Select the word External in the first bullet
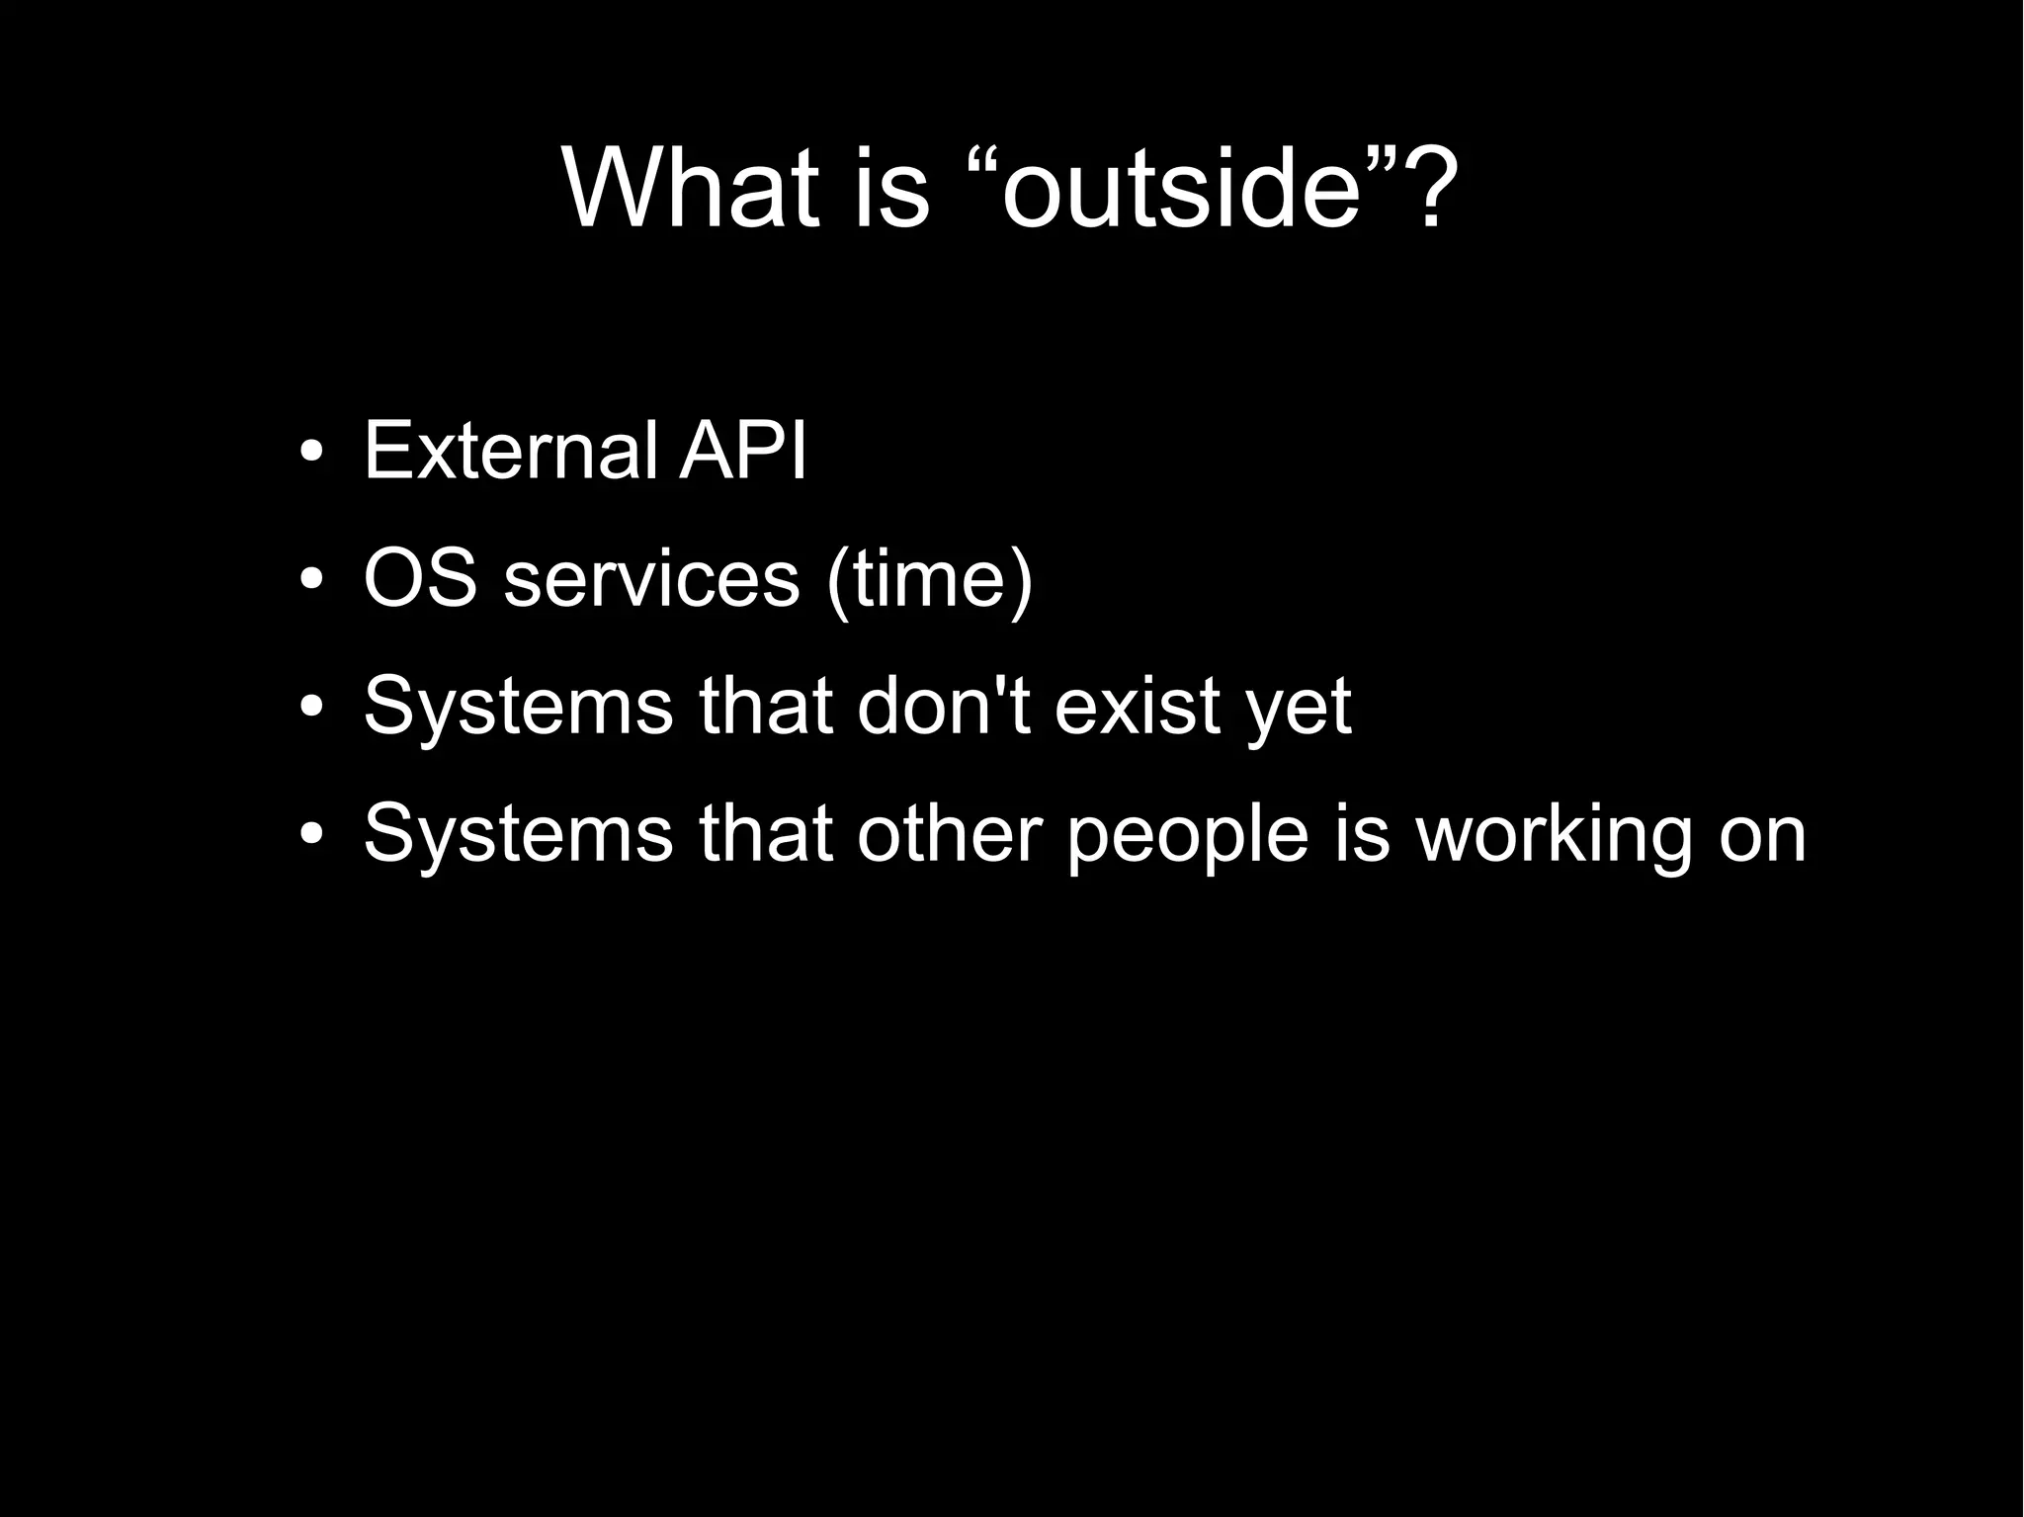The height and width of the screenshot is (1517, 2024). (510, 452)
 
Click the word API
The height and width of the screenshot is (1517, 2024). (742, 452)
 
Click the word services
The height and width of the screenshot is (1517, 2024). (651, 580)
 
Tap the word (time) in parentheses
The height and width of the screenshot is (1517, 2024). (929, 580)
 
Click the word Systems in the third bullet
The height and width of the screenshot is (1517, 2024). (518, 709)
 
